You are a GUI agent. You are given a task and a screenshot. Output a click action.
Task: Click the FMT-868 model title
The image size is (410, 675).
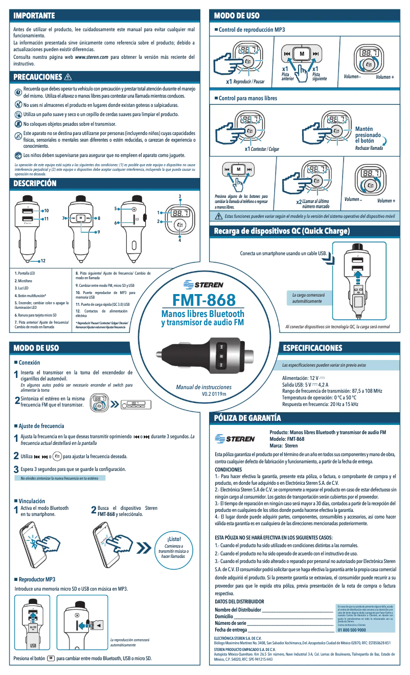[202, 300]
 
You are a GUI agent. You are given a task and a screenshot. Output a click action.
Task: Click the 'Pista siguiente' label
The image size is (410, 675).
[320, 77]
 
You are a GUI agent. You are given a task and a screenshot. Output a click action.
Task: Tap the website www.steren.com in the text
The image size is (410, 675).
[92, 57]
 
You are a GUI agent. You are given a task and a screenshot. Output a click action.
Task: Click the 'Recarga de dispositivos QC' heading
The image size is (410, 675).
[281, 232]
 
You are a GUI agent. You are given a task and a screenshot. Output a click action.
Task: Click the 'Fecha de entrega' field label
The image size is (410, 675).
[231, 629]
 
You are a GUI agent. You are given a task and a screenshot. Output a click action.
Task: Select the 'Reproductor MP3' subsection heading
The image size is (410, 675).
[37, 579]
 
